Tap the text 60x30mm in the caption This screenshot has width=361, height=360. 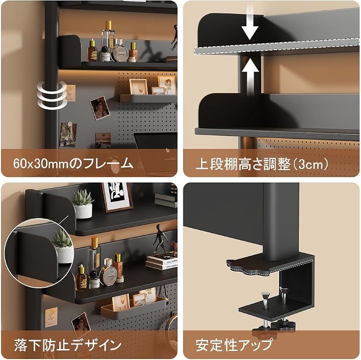point(41,163)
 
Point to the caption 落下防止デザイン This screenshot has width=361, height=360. point(68,345)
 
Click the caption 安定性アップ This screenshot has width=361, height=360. point(234,345)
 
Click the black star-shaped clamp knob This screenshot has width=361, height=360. point(283,325)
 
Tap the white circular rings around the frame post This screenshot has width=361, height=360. point(52,94)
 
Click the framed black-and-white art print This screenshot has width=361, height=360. point(118,197)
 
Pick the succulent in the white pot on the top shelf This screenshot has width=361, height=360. point(82,204)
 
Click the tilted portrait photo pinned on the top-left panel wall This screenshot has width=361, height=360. point(100,108)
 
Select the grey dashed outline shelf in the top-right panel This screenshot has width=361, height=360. point(276,48)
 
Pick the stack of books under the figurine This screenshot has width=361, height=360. point(161,261)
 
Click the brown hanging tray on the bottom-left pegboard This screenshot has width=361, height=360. point(132,308)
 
